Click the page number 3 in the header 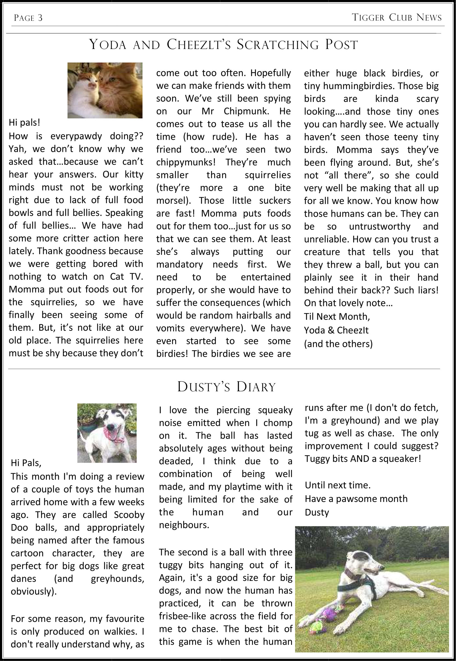click(40, 18)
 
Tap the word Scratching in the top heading click(278, 45)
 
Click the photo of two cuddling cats click(105, 90)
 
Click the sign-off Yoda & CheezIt click(336, 330)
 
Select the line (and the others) click(338, 343)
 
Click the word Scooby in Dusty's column click(129, 515)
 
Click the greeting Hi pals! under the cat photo click(25, 122)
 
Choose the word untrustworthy click(379, 226)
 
